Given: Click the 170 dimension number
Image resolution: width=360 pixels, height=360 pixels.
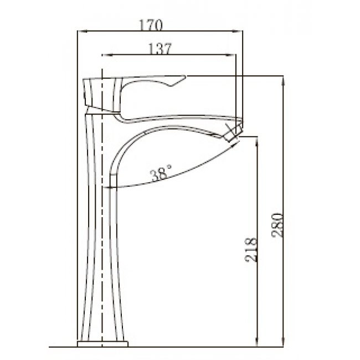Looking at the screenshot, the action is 151,25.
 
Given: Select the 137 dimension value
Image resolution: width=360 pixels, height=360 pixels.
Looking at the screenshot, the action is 160,49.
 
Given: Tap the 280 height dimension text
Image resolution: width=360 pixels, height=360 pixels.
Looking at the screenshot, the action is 277,225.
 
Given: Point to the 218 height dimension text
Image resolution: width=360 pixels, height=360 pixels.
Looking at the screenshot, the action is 251,250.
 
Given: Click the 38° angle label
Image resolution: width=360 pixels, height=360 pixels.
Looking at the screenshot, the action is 161,172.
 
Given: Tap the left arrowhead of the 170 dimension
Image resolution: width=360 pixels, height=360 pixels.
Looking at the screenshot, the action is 83,31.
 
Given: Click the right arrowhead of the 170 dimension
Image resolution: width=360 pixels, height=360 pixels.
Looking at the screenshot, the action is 238,31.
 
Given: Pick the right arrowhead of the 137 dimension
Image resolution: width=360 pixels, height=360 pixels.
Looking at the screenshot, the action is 231,55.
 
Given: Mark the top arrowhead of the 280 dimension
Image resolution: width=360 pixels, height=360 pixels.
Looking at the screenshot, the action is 283,81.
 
